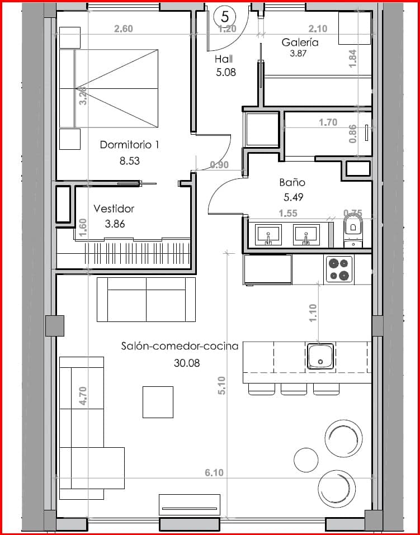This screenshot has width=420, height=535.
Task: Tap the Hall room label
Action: (224, 59)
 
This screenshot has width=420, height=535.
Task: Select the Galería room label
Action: (300, 42)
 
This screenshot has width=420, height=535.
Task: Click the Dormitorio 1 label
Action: (129, 145)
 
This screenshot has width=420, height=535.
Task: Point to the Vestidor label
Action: (114, 209)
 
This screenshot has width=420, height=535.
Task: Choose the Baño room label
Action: (292, 182)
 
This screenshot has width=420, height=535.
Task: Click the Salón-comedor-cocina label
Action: (180, 346)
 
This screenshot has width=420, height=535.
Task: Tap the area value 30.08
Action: (187, 362)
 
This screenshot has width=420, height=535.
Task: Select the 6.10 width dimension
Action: (214, 472)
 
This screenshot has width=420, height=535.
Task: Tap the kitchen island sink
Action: (320, 356)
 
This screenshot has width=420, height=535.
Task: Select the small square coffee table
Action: (158, 402)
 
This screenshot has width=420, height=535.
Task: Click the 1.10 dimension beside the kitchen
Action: (313, 312)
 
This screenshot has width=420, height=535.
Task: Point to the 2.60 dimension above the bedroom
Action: (123, 29)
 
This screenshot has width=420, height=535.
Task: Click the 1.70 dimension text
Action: (328, 122)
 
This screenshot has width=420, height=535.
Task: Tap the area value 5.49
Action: (292, 197)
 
